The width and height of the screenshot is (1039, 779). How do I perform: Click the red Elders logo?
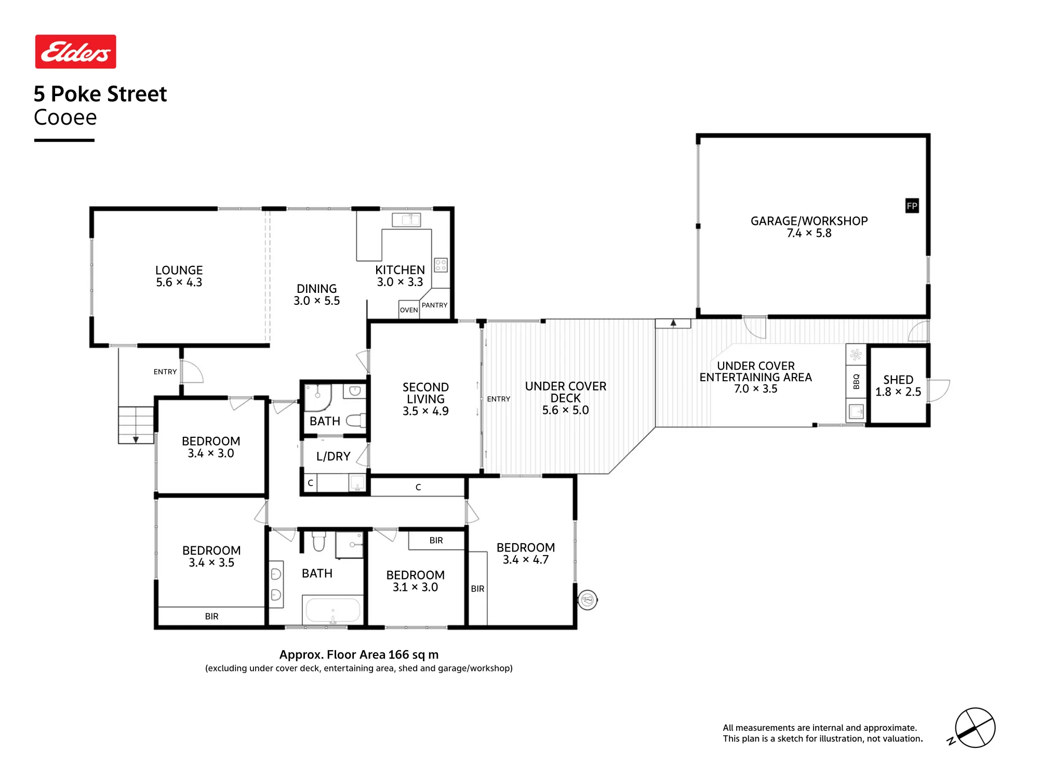point(75,51)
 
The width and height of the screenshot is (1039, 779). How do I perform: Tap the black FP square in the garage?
point(912,206)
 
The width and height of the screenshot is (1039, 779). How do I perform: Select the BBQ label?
point(856,382)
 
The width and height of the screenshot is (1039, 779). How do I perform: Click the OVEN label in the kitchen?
point(409,310)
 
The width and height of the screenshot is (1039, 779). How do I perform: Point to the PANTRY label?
point(435,305)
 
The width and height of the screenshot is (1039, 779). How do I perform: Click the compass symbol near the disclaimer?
point(975,728)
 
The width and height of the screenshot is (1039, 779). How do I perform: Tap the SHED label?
point(898,380)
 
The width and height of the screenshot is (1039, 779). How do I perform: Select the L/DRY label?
point(333,456)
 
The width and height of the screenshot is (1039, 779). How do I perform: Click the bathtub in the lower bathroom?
point(333,610)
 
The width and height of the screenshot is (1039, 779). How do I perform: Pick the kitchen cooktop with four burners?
point(441,265)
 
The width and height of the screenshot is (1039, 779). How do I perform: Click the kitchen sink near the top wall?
point(406,220)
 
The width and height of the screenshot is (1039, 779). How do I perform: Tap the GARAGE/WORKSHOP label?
point(809,221)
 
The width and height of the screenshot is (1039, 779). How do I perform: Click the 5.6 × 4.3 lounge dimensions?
point(179,282)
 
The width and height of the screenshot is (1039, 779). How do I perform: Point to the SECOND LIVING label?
point(425,393)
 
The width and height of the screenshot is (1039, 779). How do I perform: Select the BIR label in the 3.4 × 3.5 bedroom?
point(211,616)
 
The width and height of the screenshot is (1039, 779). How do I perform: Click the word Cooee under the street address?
point(65,117)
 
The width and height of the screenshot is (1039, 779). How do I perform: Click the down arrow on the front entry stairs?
point(136,439)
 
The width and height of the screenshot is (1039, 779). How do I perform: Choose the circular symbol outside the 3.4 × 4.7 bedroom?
point(588,600)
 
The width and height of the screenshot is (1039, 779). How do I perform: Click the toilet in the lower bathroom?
point(318,541)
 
